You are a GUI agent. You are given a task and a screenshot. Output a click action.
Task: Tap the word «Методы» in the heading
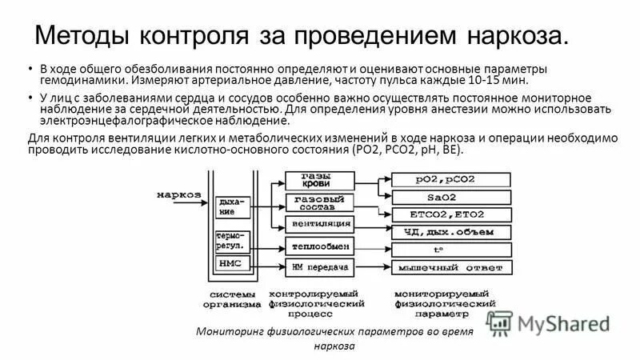click(x=86, y=36)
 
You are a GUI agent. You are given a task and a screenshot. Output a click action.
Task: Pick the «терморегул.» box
click(x=233, y=241)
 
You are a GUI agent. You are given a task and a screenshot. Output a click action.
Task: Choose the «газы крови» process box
click(x=316, y=179)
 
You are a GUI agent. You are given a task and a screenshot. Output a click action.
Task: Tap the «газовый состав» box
click(x=318, y=202)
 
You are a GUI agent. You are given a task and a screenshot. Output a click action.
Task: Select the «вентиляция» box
click(x=318, y=222)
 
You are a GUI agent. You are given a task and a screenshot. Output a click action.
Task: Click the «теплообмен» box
click(x=318, y=247)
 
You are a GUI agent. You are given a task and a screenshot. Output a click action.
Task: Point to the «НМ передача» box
click(x=318, y=266)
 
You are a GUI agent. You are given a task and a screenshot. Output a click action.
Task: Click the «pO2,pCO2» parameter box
click(x=451, y=179)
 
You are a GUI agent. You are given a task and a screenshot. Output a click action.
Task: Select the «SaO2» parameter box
click(x=451, y=197)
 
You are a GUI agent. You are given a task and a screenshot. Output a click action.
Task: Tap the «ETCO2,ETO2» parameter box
click(x=451, y=214)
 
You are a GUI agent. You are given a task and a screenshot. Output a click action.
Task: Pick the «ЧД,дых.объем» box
click(x=451, y=232)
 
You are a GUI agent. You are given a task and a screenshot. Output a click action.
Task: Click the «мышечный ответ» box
click(x=451, y=266)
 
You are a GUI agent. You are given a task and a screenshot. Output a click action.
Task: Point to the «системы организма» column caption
click(x=232, y=298)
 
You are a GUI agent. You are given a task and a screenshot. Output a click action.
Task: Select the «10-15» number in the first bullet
click(x=487, y=81)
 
